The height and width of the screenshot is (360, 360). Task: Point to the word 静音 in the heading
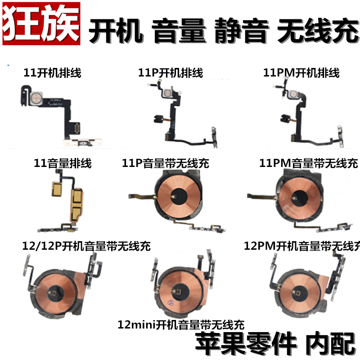(240, 32)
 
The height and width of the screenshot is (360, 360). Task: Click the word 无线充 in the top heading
(317, 32)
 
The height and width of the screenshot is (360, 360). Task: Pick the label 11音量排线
(63, 163)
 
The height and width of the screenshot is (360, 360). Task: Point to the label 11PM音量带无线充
(309, 163)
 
